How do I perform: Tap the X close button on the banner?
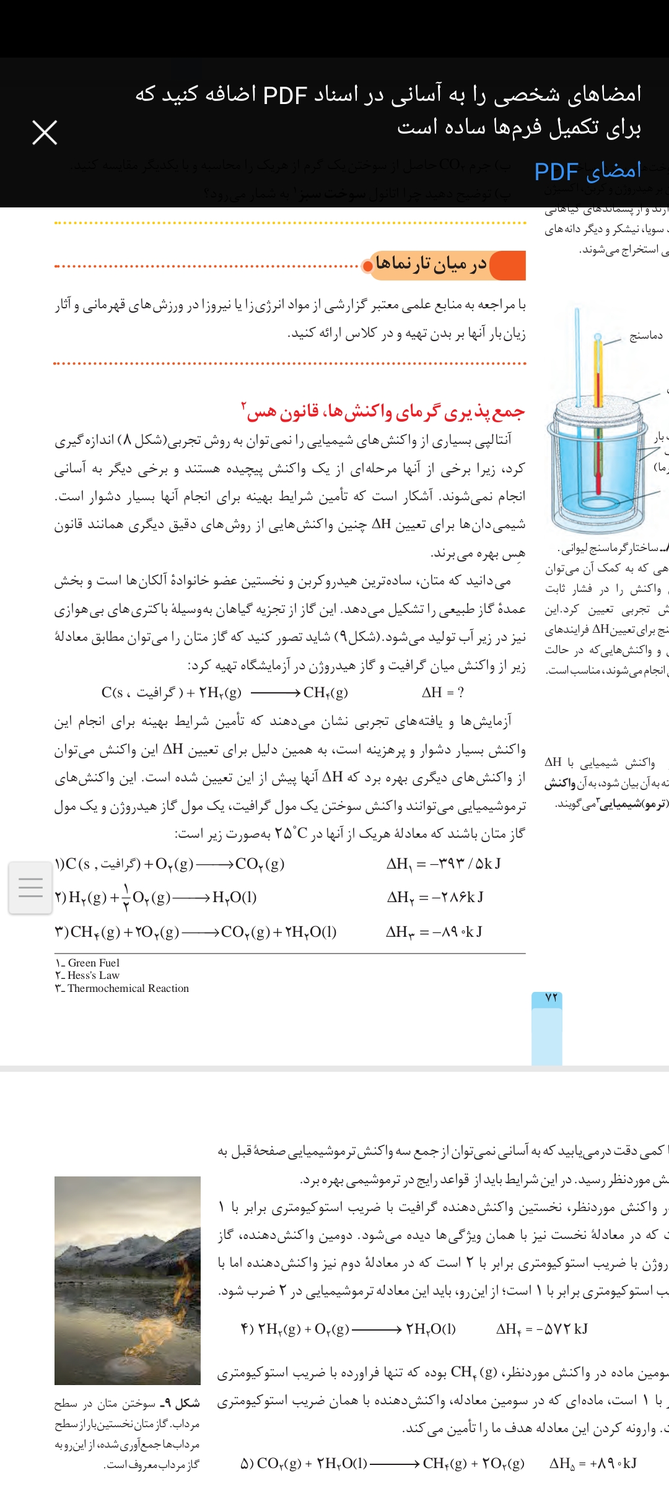45,133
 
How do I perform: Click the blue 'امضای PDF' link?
587,172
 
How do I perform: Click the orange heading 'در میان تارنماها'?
431,265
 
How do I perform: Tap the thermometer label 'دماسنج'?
645,336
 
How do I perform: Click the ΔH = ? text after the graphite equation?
442,692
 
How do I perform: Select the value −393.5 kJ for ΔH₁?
444,864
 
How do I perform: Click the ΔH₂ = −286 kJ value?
435,897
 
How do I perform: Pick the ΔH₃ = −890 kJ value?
434,932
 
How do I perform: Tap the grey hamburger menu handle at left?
30,887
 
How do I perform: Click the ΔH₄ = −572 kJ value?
541,1329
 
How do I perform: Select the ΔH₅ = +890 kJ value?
593,1463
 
